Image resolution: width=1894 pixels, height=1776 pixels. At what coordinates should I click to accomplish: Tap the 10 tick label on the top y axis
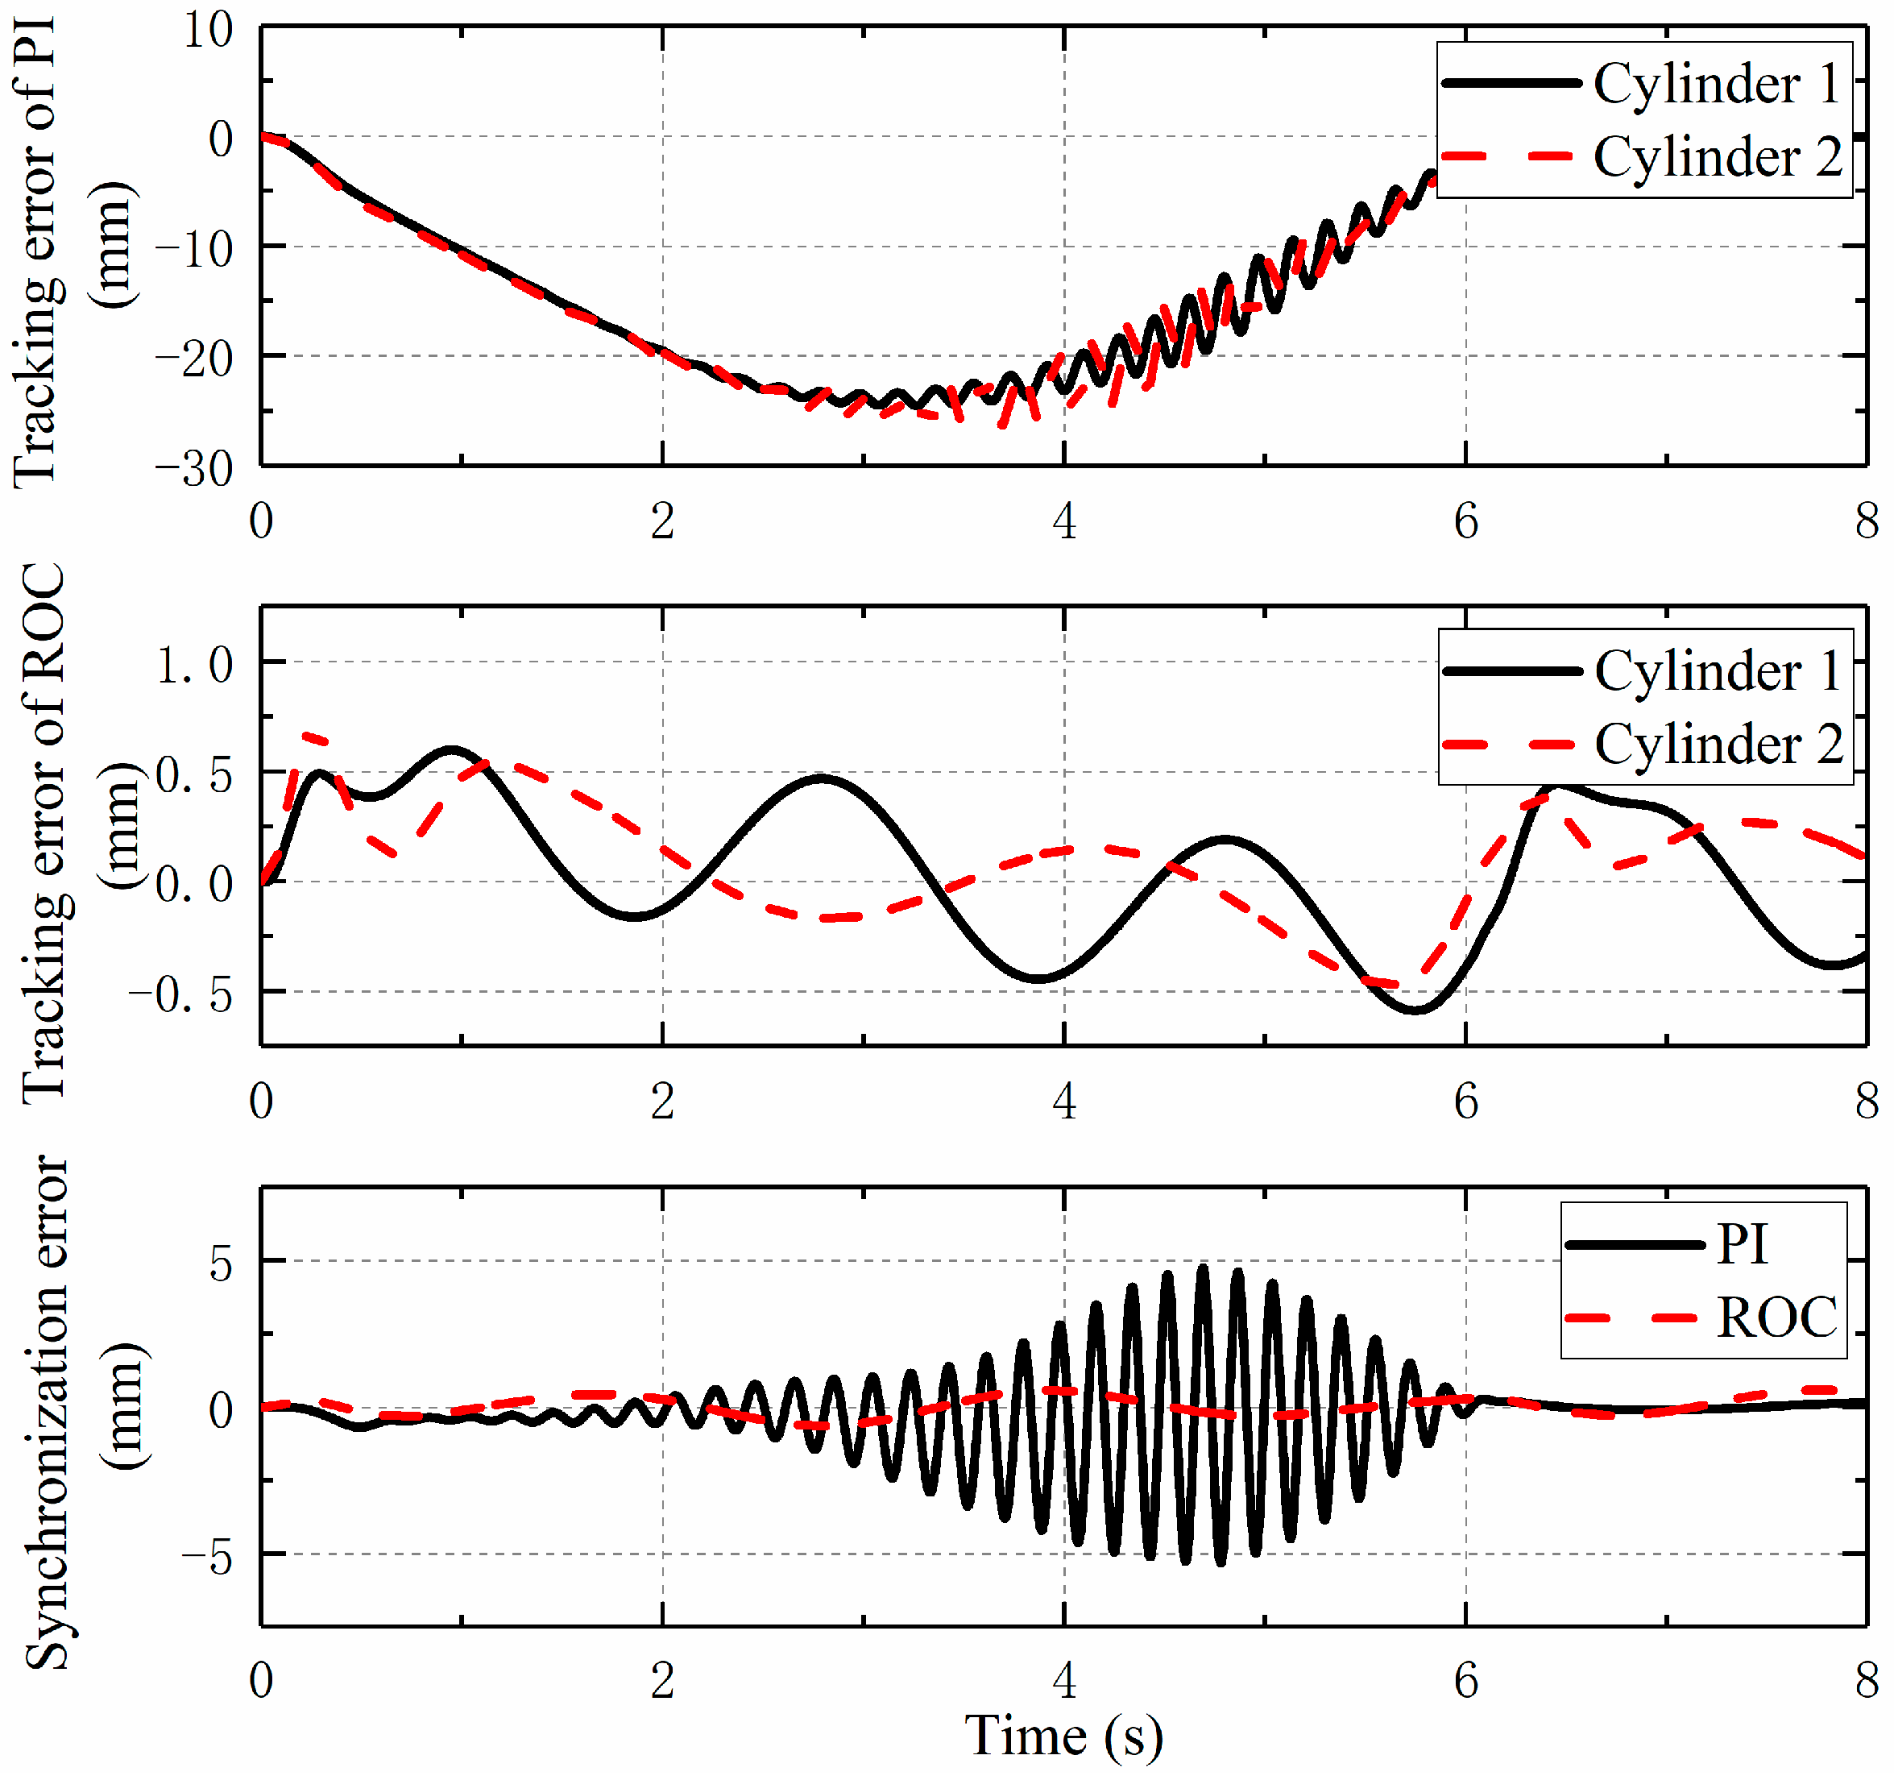[208, 31]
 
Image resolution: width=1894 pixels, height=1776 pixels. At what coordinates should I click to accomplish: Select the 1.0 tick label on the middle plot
[194, 664]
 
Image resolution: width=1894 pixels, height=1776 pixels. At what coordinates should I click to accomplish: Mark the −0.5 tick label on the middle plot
[181, 994]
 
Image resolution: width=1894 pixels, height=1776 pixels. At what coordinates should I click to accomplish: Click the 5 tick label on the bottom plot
[220, 1264]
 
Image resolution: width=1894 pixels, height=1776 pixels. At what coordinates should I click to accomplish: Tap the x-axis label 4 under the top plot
[1063, 521]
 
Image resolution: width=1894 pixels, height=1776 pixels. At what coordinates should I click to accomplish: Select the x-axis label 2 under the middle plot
[662, 1102]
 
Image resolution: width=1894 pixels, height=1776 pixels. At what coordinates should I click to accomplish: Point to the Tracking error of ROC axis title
[43, 832]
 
